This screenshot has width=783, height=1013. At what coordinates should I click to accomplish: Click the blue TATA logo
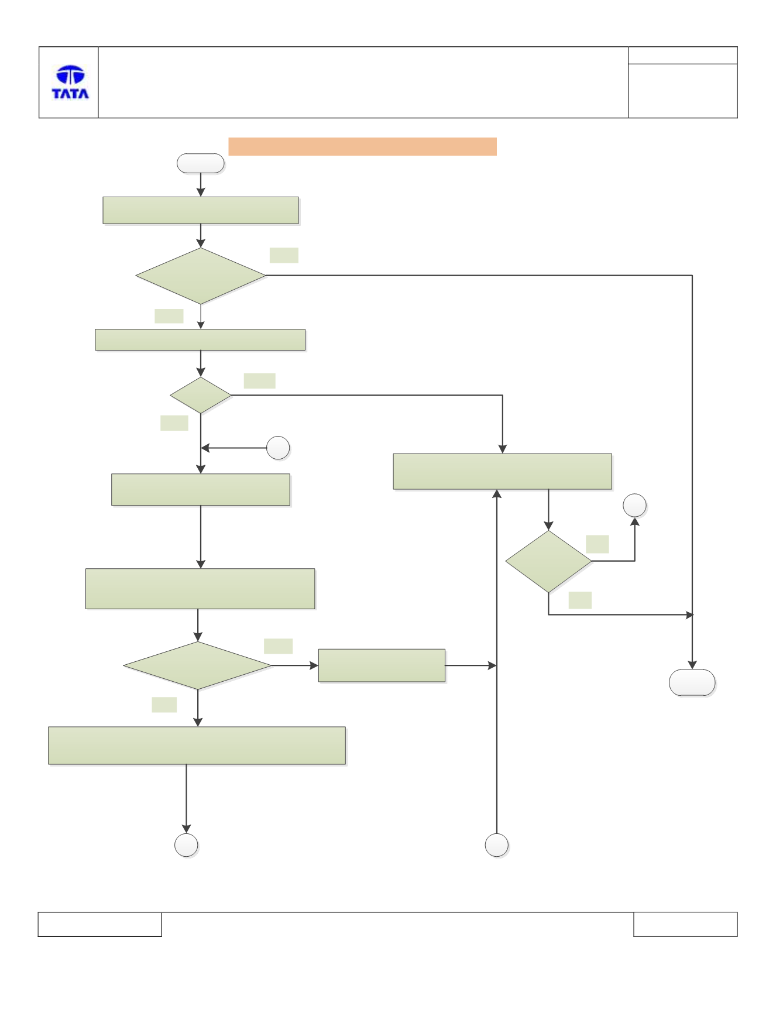coord(70,82)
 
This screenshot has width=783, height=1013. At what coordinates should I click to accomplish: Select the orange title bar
coord(362,146)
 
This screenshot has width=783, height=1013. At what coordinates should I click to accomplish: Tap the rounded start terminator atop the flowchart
coord(201,163)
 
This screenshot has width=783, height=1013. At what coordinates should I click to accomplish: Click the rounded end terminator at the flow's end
coord(692,682)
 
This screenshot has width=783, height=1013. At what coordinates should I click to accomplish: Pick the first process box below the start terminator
coord(201,211)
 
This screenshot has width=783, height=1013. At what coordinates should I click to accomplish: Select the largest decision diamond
coord(201,276)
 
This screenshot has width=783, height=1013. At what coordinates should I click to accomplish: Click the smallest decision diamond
coord(201,395)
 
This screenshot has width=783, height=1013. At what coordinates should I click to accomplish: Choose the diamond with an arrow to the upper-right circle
coord(548,561)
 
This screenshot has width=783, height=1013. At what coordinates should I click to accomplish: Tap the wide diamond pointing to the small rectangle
coord(198,665)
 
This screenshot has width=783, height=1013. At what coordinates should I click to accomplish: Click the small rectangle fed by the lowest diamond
coord(382,665)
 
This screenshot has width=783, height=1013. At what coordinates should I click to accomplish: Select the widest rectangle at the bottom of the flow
coord(197,746)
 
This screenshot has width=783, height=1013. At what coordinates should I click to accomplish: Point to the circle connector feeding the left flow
coord(278,448)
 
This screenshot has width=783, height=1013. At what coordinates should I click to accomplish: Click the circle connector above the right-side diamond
coord(634,506)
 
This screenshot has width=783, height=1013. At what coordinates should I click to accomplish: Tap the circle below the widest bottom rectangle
coord(186,845)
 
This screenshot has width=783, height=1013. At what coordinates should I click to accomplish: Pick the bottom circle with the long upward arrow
coord(497,845)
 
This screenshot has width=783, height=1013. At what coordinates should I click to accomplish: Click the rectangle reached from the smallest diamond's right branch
coord(503,471)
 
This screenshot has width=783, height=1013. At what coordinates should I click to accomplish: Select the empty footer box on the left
coord(99,924)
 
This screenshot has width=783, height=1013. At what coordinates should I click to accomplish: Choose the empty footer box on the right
coord(685,924)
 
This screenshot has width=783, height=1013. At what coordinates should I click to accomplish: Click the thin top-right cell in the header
coord(682,55)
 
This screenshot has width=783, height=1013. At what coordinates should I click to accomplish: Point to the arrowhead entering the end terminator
coord(692,665)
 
